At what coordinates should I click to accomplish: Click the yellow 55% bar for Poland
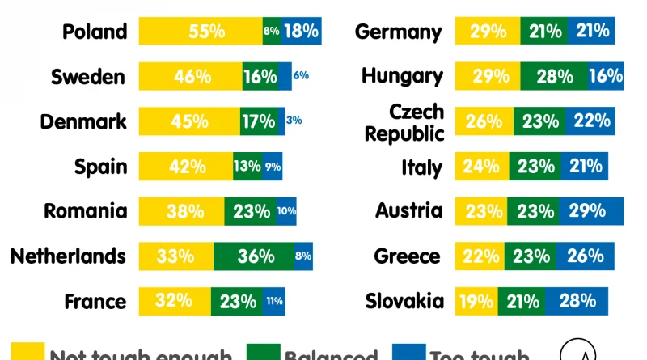pos(201,32)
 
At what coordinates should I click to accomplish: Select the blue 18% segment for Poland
pos(301,32)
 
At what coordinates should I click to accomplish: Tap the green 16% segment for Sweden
pos(260,77)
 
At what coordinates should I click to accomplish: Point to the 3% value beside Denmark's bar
pos(294,121)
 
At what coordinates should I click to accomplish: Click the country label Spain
pos(100,167)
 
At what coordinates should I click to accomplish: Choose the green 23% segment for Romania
pos(251,212)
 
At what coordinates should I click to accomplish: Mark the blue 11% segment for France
pos(274,302)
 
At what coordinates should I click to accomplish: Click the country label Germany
pos(399,32)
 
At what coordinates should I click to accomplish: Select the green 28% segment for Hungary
pos(554,77)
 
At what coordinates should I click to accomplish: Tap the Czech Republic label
pos(417,122)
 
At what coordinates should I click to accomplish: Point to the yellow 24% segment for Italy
pos(482,167)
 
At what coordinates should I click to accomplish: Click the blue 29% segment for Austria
pos(591,212)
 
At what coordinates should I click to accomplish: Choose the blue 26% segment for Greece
pos(584,256)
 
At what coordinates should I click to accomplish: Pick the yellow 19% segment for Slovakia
pos(476,302)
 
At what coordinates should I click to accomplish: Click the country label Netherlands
pos(68,256)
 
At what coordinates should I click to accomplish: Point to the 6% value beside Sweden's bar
pos(301,76)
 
